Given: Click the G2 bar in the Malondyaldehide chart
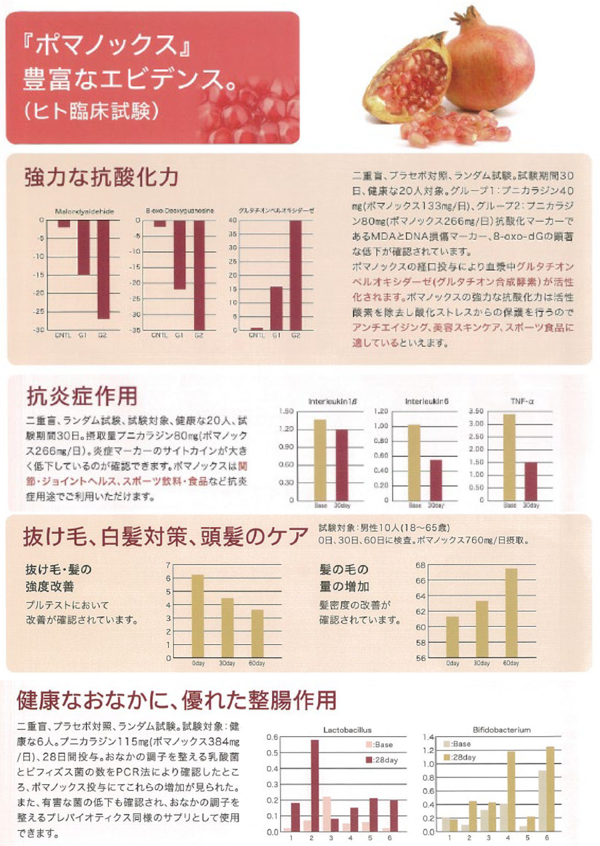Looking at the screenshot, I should coord(103,269).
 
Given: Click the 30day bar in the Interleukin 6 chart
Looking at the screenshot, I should coord(436,479).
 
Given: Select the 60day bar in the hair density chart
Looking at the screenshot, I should coord(511,612).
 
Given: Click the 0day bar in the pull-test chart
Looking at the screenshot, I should coord(197,616).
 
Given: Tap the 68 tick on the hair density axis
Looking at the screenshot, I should coord(421,565).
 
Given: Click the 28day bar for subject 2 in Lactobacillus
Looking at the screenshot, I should coord(314,785).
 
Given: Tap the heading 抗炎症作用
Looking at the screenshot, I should coord(81,396).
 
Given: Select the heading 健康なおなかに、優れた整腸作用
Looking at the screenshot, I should coord(177,700).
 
